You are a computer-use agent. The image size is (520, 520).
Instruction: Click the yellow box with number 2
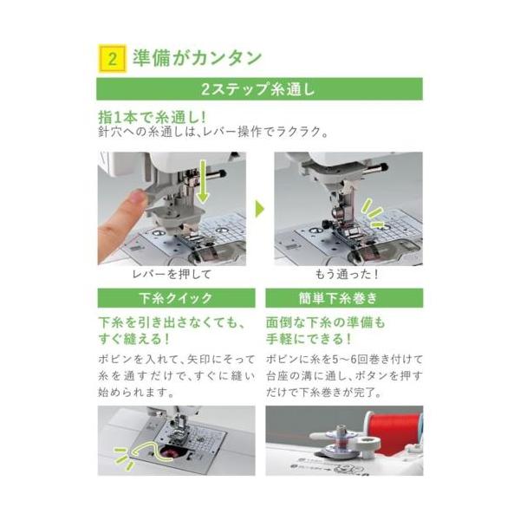pyautogui.click(x=113, y=59)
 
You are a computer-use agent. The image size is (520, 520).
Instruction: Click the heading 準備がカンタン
pyautogui.click(x=197, y=58)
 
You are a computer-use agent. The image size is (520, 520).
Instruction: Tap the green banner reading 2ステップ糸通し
pyautogui.click(x=260, y=89)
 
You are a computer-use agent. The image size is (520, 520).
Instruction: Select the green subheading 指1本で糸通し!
pyautogui.click(x=153, y=117)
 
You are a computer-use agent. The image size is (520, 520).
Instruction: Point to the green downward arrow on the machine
pyautogui.click(x=202, y=182)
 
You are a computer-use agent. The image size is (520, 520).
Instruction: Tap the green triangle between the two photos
pyautogui.click(x=260, y=209)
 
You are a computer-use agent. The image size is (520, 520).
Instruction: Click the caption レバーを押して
pyautogui.click(x=172, y=274)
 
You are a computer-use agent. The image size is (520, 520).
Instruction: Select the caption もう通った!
pyautogui.click(x=347, y=274)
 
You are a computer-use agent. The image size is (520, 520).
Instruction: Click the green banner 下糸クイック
pyautogui.click(x=177, y=298)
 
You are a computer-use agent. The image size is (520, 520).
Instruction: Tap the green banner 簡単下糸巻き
pyautogui.click(x=344, y=298)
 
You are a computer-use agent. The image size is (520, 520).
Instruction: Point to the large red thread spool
pyautogui.click(x=393, y=431)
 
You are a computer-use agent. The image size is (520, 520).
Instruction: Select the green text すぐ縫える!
pyautogui.click(x=134, y=339)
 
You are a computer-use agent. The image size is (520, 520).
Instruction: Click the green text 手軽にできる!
pyautogui.click(x=309, y=339)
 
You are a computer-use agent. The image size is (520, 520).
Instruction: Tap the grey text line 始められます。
pyautogui.click(x=136, y=393)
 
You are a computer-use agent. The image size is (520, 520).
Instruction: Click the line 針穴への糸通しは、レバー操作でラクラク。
pyautogui.click(x=214, y=132)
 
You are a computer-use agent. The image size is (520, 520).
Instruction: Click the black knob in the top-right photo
pyautogui.click(x=383, y=167)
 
